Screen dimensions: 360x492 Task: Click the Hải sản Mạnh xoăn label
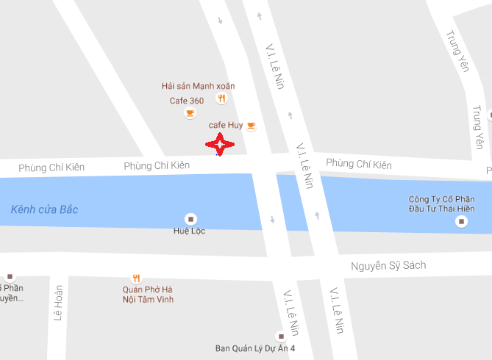(x=198, y=86)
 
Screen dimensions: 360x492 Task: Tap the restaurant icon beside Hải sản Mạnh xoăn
(x=221, y=98)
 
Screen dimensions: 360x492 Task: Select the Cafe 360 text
(x=187, y=101)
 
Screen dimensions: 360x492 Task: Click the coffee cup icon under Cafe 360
(x=190, y=113)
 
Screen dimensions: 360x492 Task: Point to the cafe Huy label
(x=226, y=125)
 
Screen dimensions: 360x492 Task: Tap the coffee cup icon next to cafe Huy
(x=251, y=126)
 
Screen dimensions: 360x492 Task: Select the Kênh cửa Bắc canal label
(x=44, y=209)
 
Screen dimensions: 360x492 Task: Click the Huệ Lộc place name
(x=190, y=231)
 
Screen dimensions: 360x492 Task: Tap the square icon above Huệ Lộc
(x=190, y=218)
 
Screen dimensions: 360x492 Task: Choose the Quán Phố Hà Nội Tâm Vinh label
(x=148, y=294)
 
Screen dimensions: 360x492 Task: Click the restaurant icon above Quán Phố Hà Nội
(x=136, y=278)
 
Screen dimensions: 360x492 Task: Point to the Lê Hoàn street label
(x=59, y=303)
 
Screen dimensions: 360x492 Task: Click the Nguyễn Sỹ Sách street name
(x=388, y=265)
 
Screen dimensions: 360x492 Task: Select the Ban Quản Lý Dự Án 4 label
(x=254, y=348)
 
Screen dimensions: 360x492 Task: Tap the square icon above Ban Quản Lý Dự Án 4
(x=279, y=336)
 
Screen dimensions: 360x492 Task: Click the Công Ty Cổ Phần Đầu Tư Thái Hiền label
(x=439, y=205)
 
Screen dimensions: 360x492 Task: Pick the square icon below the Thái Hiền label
(x=461, y=220)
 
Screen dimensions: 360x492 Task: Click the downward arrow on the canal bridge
(x=273, y=219)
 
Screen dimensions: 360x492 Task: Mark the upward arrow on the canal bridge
(x=317, y=215)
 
